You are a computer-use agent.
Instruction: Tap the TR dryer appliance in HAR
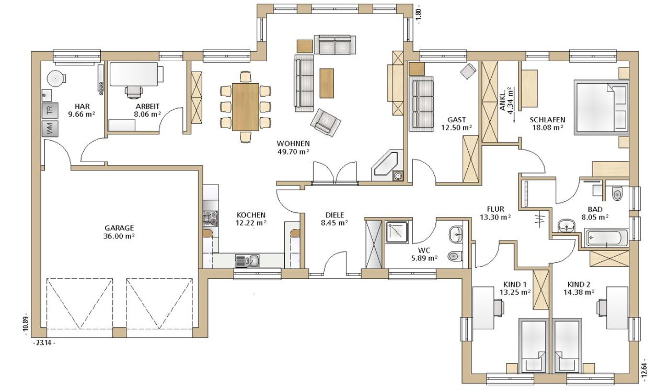coord(50,110)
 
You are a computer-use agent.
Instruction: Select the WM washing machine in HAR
coord(50,129)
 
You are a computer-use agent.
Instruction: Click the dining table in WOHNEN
coord(246,107)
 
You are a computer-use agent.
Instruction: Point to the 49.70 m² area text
coord(293,152)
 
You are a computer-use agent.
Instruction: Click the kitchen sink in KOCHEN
coord(247,261)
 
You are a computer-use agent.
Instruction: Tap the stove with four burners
coord(210,219)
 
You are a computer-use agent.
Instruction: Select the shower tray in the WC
coord(396,232)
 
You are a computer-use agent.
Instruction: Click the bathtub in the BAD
coord(607,238)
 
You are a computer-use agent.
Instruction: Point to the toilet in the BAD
coord(617,193)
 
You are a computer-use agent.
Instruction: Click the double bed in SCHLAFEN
coord(601,108)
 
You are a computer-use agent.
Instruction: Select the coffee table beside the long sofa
coord(327,83)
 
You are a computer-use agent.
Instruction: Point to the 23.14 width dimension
coord(43,343)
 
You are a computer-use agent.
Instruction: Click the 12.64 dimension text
coord(644,370)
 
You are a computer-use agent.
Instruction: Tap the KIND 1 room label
coord(515,284)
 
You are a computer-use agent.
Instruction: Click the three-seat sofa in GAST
coord(421,104)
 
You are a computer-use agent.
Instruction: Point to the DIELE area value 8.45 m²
coord(334,223)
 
